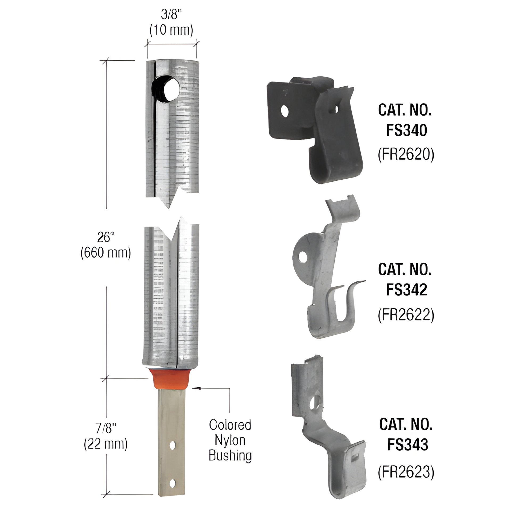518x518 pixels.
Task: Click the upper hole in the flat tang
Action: coord(173,446)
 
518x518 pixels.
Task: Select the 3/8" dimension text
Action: coord(171,14)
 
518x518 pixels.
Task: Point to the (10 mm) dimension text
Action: coord(171,30)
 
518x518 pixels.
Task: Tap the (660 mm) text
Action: coord(106,253)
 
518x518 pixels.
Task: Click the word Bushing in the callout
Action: coord(230,455)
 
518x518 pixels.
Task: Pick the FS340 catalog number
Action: coord(406,131)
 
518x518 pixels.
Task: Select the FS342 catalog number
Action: coord(406,290)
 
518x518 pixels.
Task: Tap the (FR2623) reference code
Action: coord(406,473)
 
